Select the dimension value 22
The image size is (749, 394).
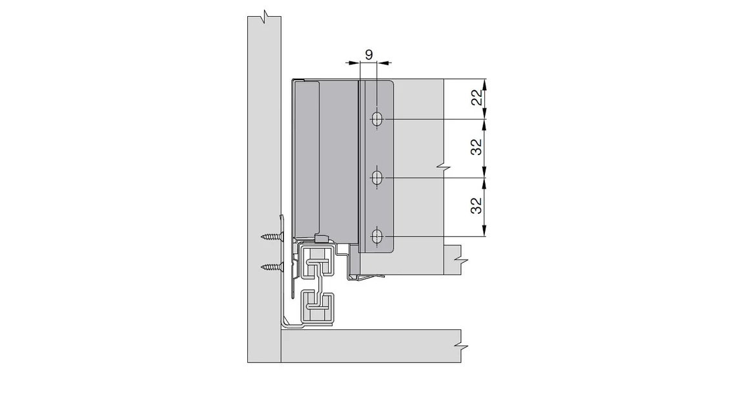476,99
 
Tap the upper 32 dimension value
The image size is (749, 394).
476,148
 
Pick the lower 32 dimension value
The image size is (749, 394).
476,207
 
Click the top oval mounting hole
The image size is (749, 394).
377,119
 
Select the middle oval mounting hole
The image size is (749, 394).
377,177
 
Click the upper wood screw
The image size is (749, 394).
273,237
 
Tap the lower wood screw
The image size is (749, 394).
273,266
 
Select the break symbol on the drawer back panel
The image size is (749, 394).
442,167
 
